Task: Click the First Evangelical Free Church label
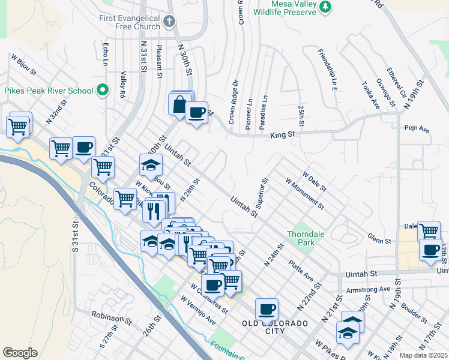click(130, 22)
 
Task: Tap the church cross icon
click(169, 22)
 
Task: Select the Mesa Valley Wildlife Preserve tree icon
click(325, 7)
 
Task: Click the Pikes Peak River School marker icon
click(103, 91)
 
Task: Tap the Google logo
click(20, 353)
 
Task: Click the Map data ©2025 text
click(423, 355)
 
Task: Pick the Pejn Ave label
click(417, 128)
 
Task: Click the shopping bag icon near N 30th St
click(179, 105)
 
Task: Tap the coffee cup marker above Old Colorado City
click(267, 310)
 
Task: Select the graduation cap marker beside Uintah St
click(151, 165)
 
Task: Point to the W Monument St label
click(305, 193)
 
